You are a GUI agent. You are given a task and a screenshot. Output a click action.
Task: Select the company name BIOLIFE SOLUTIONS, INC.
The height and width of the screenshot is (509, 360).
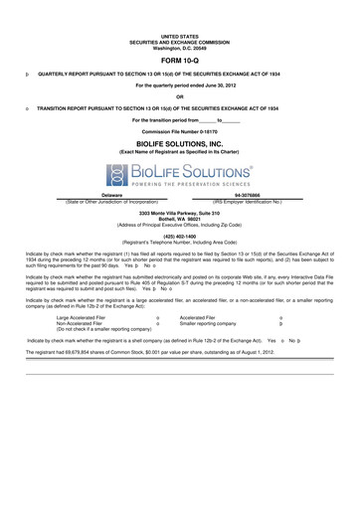tap(180, 143)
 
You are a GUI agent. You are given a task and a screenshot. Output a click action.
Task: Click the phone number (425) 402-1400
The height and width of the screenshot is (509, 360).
tap(180, 236)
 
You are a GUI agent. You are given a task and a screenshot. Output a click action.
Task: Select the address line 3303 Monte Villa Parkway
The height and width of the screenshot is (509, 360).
tap(180, 215)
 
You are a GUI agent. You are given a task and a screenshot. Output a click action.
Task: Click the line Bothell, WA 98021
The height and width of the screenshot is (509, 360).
tap(180, 220)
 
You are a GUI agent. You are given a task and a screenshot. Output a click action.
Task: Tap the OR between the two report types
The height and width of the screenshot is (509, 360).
tap(180, 96)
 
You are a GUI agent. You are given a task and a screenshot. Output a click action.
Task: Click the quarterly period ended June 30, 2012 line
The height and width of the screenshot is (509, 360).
tap(180, 85)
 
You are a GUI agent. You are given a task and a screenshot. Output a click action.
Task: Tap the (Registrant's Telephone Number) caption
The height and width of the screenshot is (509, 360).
tap(180, 242)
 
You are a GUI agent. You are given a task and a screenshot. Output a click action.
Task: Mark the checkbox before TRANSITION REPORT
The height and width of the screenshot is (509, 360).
tap(27, 107)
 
